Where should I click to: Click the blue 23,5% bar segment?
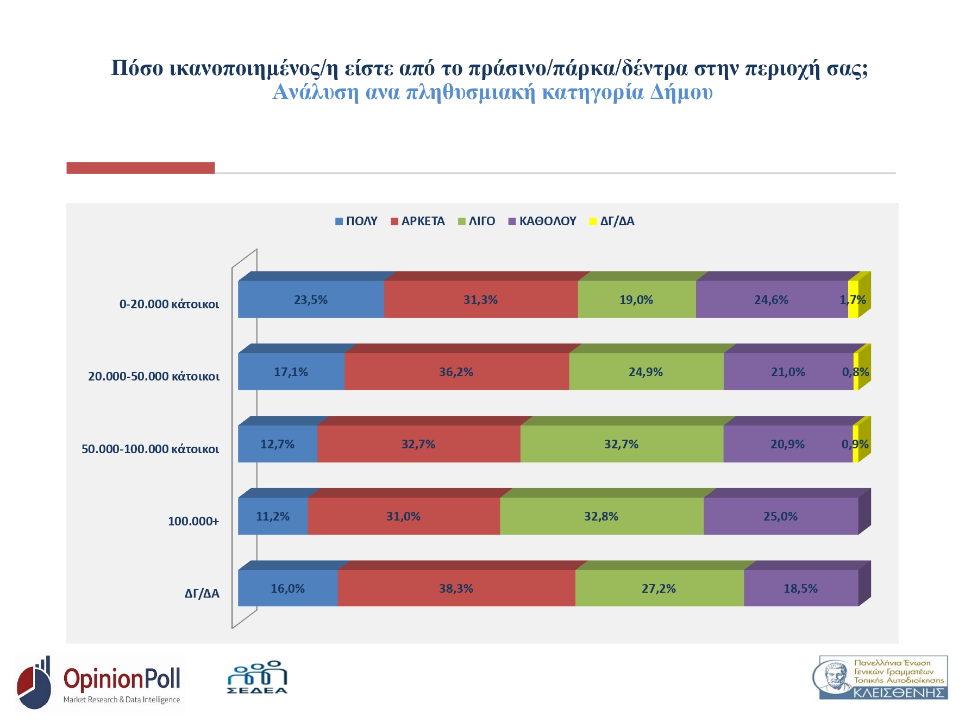click(x=311, y=300)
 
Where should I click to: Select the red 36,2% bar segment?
click(x=456, y=372)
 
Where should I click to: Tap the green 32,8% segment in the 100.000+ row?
click(x=601, y=516)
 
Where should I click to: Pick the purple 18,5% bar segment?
click(x=800, y=588)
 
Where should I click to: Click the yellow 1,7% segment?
click(x=853, y=300)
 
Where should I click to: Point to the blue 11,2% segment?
click(x=273, y=516)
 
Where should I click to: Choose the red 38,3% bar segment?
click(x=456, y=588)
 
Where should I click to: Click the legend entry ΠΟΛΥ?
click(x=356, y=221)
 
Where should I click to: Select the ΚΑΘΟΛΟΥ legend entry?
click(x=542, y=221)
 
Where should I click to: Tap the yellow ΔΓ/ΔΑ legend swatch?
click(x=593, y=221)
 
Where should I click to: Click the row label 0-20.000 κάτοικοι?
click(x=169, y=304)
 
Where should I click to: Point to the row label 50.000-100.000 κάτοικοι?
click(x=150, y=449)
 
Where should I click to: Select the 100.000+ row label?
click(x=193, y=522)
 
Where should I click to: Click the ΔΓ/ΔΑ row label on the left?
click(x=202, y=594)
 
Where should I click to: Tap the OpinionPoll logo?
click(x=99, y=683)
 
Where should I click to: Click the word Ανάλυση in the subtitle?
click(x=315, y=92)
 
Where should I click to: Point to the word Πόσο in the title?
click(x=137, y=68)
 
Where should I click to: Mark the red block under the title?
click(x=140, y=168)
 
